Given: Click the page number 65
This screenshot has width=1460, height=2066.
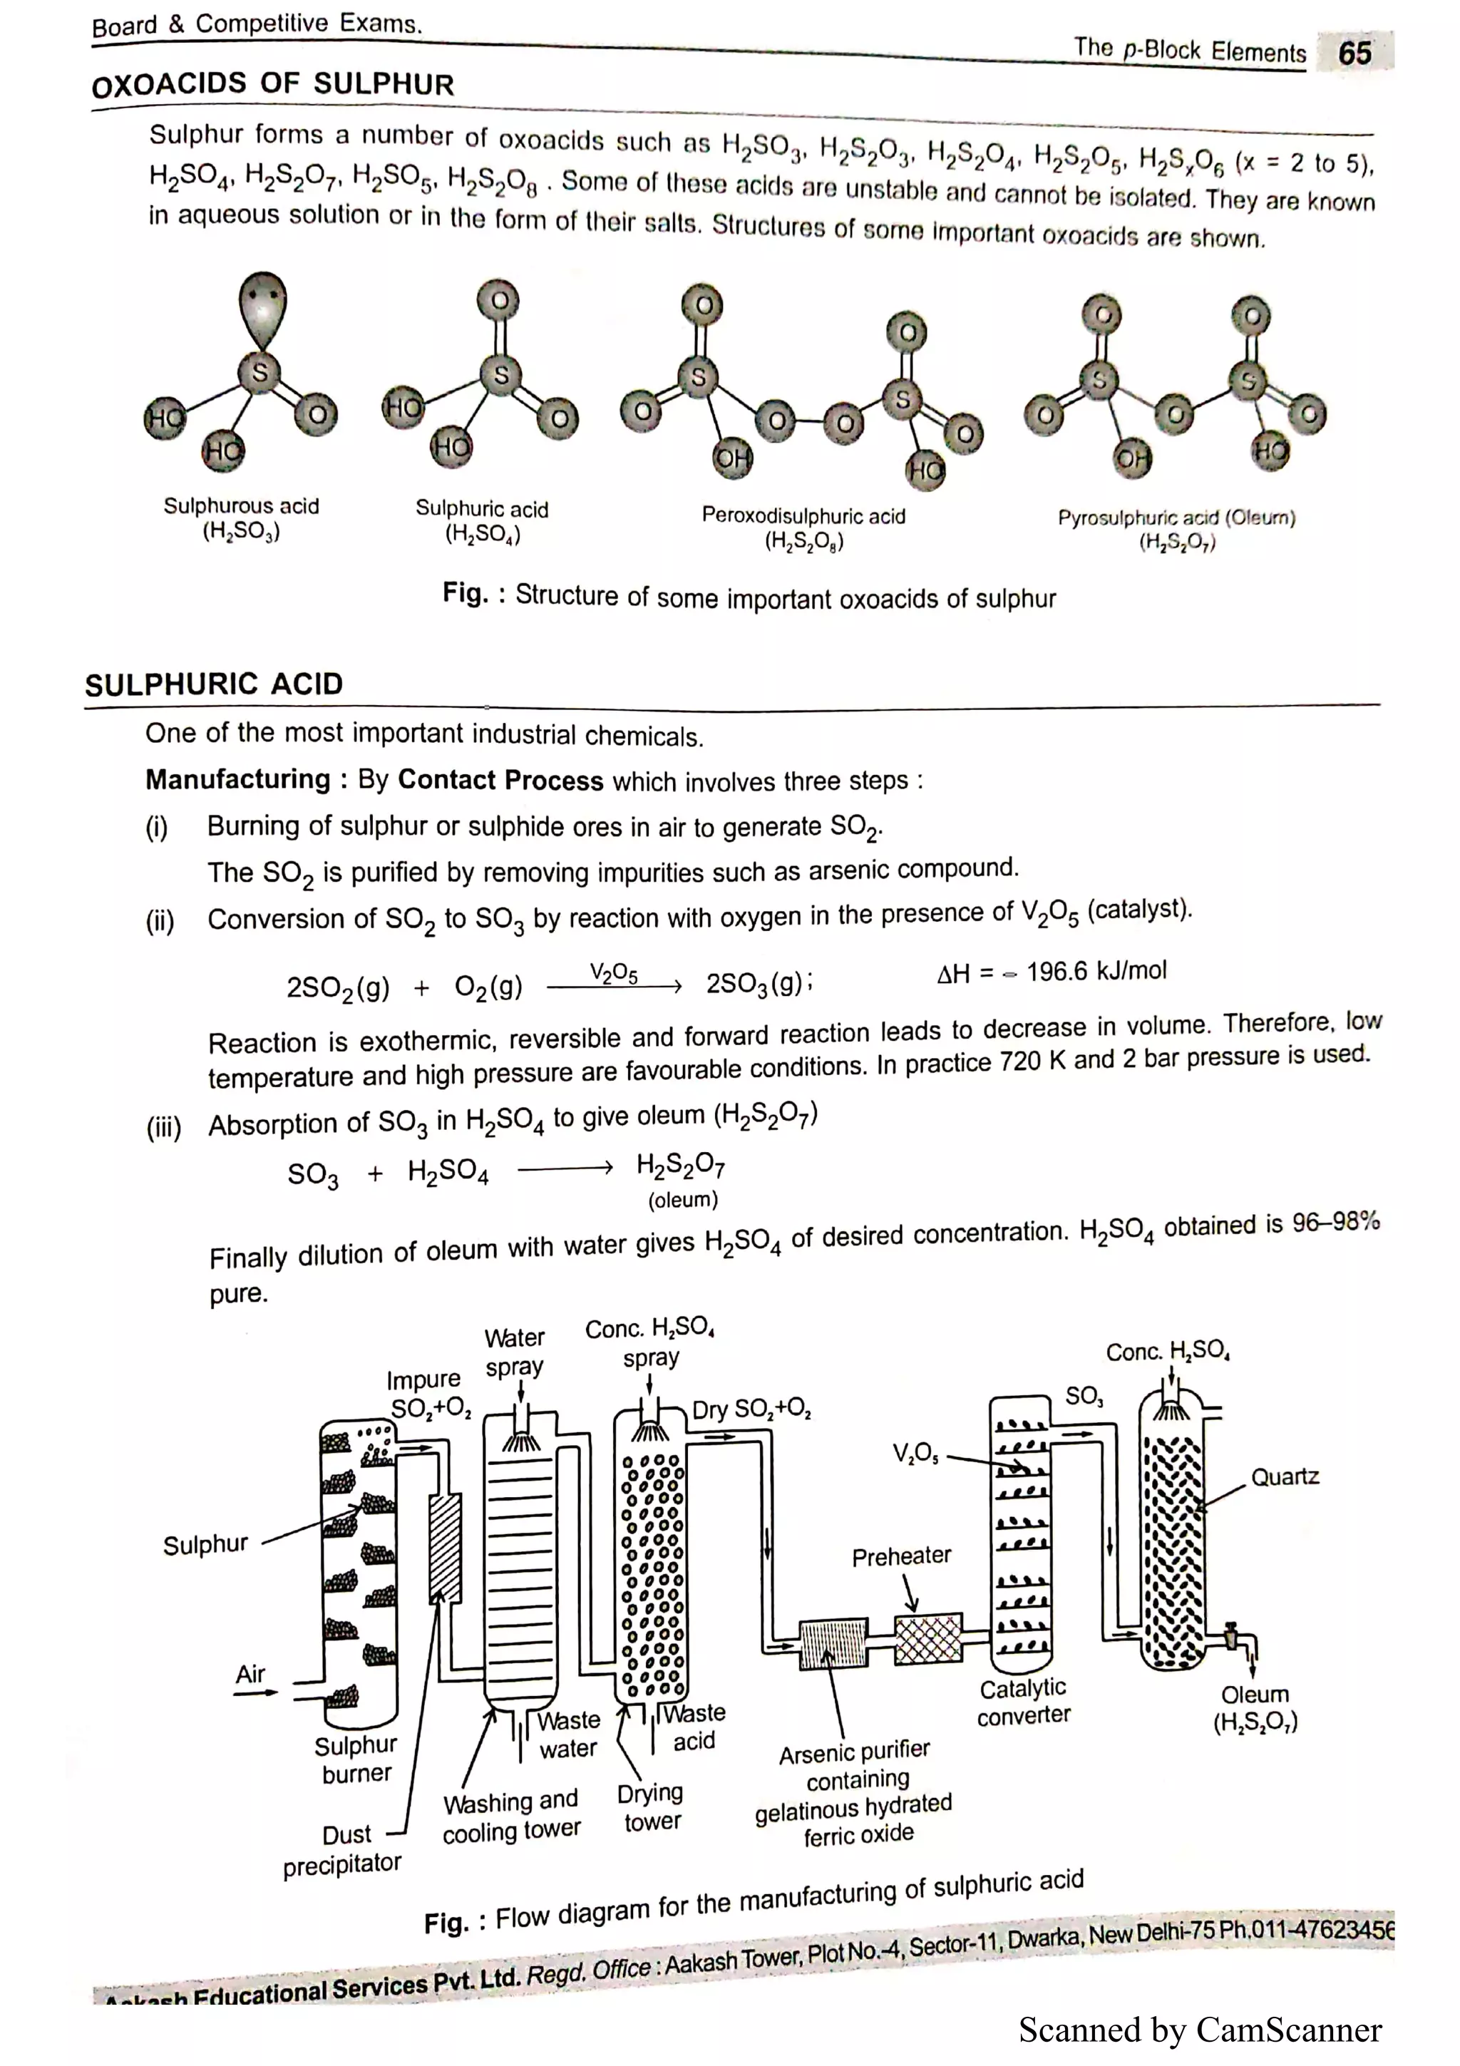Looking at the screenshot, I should (x=1354, y=52).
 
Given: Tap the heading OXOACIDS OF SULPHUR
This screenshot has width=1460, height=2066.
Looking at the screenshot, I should (x=272, y=85).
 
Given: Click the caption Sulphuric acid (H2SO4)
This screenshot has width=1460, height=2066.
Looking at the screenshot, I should (x=481, y=521).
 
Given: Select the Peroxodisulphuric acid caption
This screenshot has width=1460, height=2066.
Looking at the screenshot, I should (x=803, y=528).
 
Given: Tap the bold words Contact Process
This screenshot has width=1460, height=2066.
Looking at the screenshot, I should (x=500, y=779).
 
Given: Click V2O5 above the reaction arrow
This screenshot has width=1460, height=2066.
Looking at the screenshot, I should (x=614, y=972).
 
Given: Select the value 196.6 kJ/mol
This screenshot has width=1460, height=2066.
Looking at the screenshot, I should (x=1096, y=971).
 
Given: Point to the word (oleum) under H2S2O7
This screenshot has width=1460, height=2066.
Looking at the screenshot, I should (x=683, y=1200).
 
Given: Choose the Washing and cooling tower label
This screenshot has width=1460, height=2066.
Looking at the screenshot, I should (x=511, y=1816).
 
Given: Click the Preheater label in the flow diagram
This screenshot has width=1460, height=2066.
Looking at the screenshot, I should (x=900, y=1556).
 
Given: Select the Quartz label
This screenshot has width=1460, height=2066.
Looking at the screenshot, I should (x=1285, y=1476).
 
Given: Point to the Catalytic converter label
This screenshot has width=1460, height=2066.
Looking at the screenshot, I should (x=1023, y=1702).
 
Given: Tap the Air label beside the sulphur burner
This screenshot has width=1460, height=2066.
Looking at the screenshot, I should (x=250, y=1674).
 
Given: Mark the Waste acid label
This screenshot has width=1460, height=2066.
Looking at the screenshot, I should (x=694, y=1727).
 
